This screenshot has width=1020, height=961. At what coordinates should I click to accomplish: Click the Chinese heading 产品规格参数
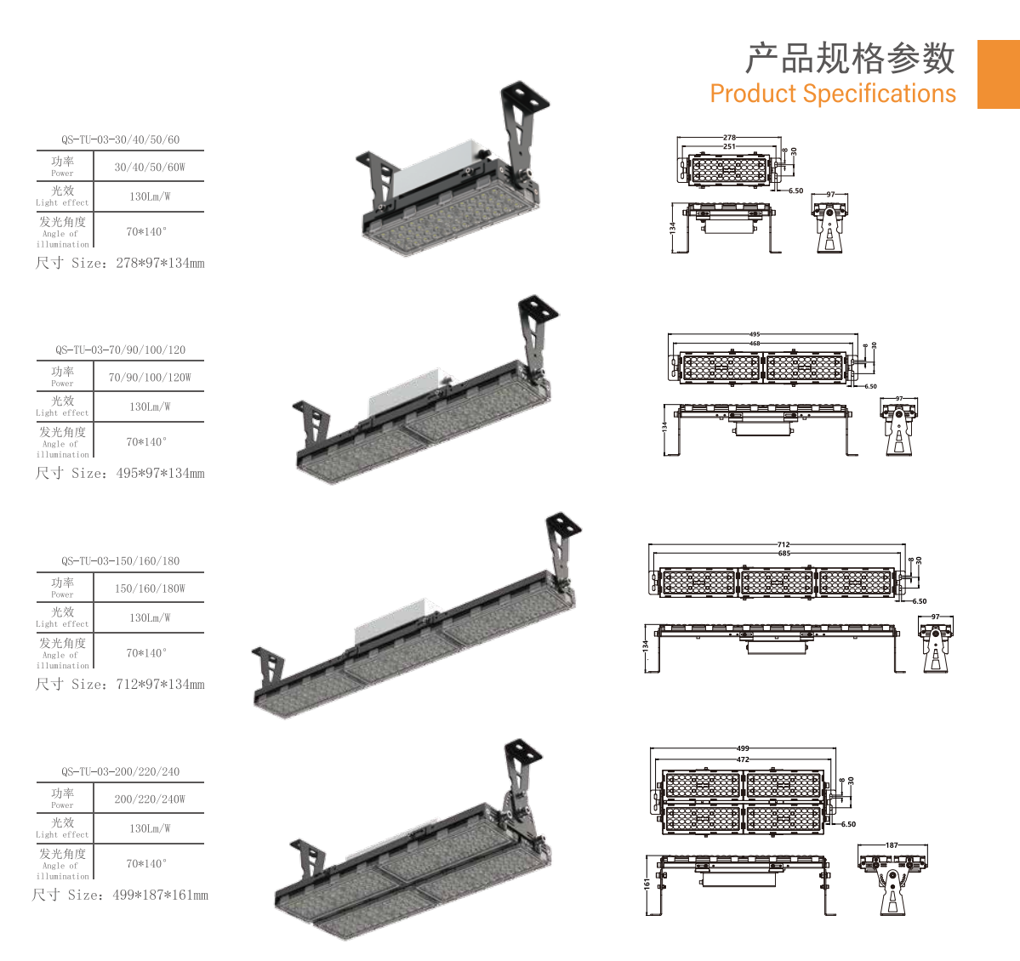pos(850,59)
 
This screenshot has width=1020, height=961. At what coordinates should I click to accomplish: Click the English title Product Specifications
pos(833,94)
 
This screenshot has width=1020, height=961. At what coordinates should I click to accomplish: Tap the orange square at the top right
pos(998,74)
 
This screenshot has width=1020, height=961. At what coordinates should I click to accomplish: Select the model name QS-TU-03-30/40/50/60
pos(120,139)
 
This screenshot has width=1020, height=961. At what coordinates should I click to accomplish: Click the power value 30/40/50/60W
pos(150,168)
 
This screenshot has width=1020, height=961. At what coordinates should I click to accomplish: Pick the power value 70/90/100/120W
pos(150,378)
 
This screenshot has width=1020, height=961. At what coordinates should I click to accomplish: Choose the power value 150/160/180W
pos(150,589)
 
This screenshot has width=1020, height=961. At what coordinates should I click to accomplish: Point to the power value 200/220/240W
pos(150,799)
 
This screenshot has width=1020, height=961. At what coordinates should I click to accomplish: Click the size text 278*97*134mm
pos(160,264)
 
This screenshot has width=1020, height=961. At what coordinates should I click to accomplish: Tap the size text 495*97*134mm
pos(160,474)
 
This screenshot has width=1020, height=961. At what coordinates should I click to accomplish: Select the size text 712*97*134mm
pos(160,685)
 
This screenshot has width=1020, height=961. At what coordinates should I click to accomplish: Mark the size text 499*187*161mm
pos(160,896)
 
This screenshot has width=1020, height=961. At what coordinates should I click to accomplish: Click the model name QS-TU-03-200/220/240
pos(120,772)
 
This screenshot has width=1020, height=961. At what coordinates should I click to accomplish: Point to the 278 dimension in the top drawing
pos(729,137)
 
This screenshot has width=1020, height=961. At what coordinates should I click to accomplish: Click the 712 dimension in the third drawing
pos(784,544)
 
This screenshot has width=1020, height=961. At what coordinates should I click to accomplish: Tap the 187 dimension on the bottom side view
pos(892,845)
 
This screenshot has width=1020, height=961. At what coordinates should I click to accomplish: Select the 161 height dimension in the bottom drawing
pos(647,884)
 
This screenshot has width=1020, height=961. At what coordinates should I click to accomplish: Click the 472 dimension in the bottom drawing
pos(743,759)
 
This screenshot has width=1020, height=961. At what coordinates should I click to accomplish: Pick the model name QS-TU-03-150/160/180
pos(120,561)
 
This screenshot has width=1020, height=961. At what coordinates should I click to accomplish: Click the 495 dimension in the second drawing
pos(755,334)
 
